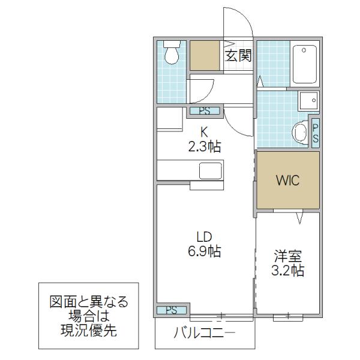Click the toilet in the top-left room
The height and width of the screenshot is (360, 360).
(172, 53)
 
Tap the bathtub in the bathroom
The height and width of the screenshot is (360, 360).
(305, 64)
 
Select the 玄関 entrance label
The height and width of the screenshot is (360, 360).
(238, 55)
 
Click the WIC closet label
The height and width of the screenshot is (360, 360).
(288, 180)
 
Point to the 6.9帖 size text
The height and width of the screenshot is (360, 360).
(205, 251)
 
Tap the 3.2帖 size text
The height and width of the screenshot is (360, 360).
(287, 271)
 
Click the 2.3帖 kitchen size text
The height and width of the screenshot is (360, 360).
(205, 147)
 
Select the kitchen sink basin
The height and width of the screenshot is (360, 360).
(211, 171)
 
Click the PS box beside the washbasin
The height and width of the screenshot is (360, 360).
(316, 133)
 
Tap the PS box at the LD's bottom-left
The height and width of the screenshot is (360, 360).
(172, 310)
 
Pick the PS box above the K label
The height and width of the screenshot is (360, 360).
(205, 111)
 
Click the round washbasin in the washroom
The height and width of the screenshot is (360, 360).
(300, 133)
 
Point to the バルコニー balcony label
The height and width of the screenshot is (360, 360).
(205, 333)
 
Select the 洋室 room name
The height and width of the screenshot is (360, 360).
(287, 256)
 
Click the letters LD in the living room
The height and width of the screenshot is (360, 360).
(204, 237)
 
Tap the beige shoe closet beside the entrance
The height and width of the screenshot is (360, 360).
(205, 55)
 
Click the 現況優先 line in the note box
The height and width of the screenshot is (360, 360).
(89, 331)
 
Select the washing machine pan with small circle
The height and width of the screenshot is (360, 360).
(308, 101)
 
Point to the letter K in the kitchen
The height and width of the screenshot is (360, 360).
(205, 132)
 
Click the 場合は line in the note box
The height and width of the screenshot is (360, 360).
(89, 316)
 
